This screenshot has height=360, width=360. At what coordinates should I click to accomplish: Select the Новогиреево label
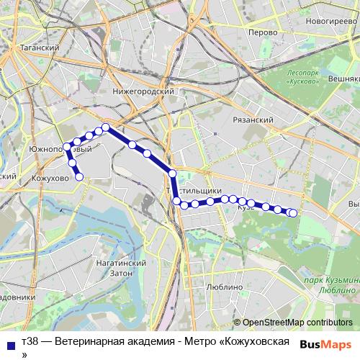tap(331, 22)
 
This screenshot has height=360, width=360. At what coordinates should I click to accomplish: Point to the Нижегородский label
tap(144, 91)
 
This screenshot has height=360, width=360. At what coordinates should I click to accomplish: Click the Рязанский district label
tap(254, 120)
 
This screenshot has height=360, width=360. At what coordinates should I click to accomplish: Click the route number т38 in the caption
tap(30, 341)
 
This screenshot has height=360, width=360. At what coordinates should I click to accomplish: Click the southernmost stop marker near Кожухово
tap(79, 176)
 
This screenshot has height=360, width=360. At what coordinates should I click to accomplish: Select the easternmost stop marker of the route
tap(292, 212)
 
